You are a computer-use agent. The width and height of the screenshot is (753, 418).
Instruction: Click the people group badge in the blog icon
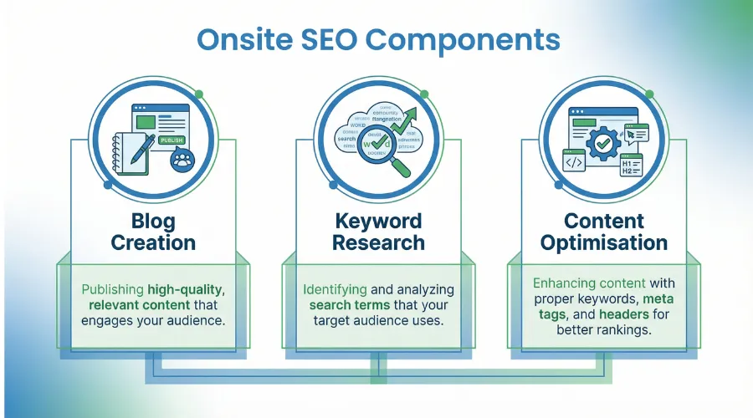click(x=182, y=161)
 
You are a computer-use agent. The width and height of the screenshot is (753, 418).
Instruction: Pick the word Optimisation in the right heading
click(x=603, y=243)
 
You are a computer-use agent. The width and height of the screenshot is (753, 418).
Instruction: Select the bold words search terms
click(x=342, y=306)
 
